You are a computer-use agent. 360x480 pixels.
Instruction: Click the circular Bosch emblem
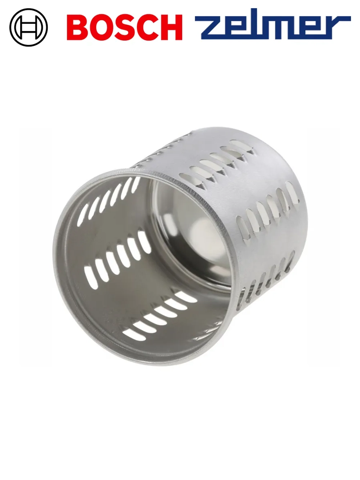tap(28, 27)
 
